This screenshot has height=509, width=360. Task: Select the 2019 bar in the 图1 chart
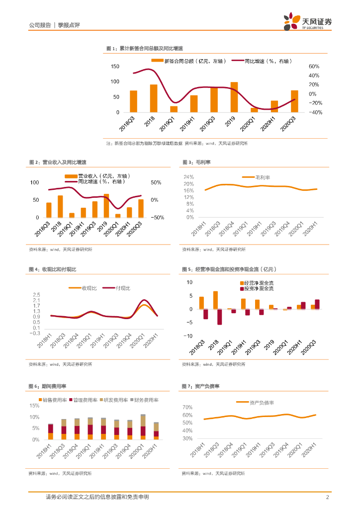234,97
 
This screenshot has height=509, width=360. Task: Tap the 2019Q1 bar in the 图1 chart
174,109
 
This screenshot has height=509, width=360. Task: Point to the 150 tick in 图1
115,67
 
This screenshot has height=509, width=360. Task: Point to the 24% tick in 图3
189,177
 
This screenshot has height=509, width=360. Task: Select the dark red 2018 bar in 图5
219,317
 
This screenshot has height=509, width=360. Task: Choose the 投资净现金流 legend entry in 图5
258,289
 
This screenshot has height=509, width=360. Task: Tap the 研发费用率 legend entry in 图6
114,400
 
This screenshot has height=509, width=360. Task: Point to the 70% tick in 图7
187,407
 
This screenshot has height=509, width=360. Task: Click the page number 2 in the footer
327,498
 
